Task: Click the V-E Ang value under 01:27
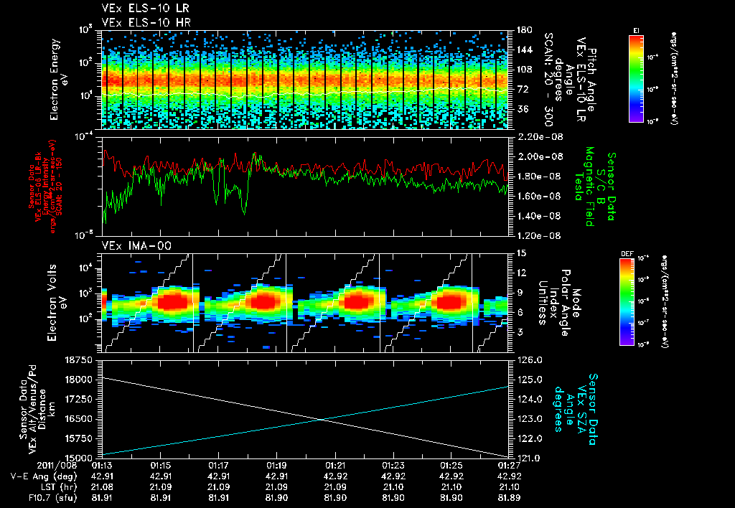(509, 476)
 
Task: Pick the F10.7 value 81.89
(509, 497)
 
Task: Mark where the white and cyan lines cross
(329, 420)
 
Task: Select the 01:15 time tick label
(160, 465)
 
